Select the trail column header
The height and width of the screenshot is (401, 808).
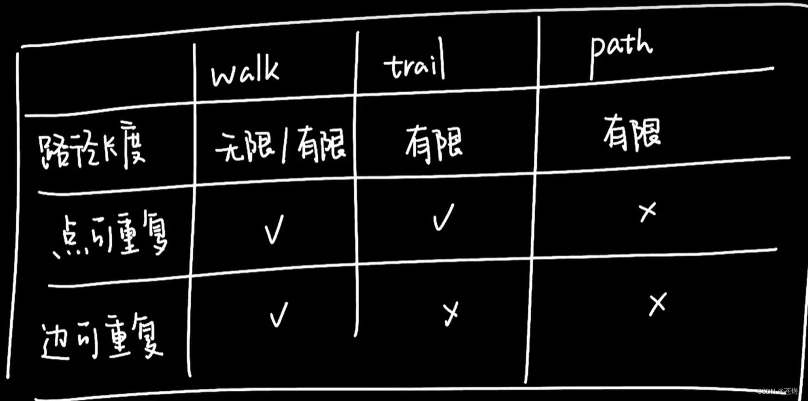415,67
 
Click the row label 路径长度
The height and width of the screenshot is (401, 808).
92,149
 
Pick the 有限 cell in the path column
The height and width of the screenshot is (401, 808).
631,133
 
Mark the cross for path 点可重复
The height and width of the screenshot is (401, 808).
647,212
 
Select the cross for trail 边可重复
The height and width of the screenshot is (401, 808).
450,312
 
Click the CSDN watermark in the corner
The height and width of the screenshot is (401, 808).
777,392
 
